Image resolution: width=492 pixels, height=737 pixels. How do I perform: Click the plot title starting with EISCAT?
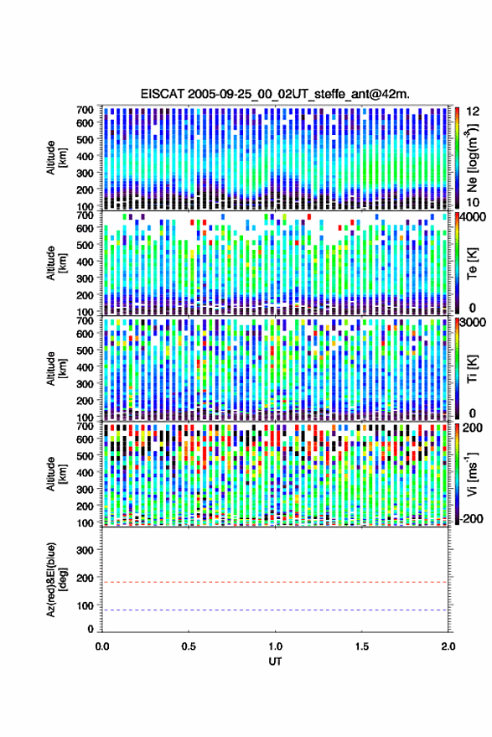(x=275, y=94)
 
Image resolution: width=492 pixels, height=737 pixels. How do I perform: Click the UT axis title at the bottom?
(x=275, y=662)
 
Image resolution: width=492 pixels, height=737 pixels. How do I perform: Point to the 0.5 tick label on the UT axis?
(x=189, y=646)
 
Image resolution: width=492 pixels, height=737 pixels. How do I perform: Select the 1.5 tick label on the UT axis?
(x=361, y=646)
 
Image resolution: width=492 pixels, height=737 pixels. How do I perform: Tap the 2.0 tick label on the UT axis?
(x=448, y=646)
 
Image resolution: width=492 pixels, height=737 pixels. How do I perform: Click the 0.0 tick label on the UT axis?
(x=102, y=646)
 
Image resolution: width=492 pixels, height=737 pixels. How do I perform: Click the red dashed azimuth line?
(x=275, y=583)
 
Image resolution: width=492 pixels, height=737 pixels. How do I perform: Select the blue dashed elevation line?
(x=275, y=610)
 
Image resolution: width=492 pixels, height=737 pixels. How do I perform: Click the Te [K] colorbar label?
(x=472, y=262)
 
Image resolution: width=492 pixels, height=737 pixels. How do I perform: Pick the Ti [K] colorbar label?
(x=472, y=368)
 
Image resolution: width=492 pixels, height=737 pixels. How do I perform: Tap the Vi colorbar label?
(x=472, y=474)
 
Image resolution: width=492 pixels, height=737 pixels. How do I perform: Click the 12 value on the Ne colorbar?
(x=474, y=112)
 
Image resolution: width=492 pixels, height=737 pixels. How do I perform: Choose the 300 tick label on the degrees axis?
(x=85, y=550)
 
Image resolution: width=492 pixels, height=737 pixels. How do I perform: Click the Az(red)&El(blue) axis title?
(x=55, y=579)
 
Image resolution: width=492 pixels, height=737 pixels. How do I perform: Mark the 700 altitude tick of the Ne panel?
(x=85, y=110)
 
